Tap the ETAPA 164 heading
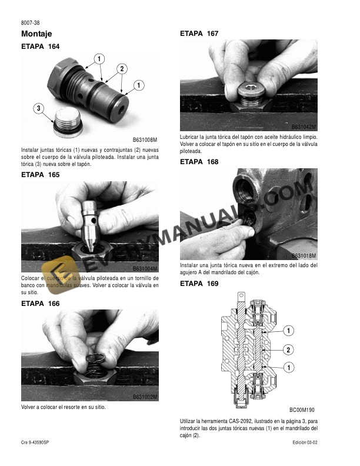tap(41, 46)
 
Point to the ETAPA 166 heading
tap(41, 304)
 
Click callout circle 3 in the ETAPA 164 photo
tap(38, 108)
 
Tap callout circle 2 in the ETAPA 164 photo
tap(122, 68)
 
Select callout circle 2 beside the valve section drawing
tap(288, 350)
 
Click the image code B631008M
tap(145, 139)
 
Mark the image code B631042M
tap(304, 127)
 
